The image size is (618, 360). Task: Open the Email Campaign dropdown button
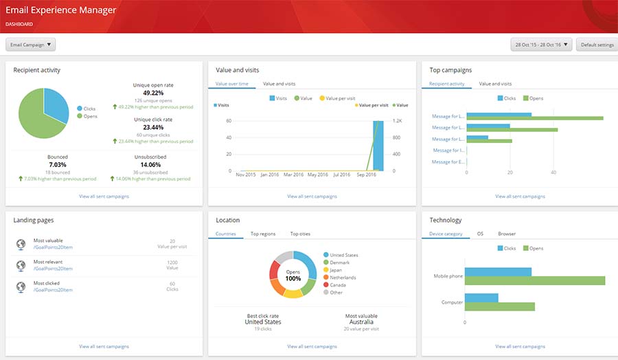(30, 45)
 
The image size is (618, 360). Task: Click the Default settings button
(597, 45)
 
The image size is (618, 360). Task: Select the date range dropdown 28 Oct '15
(541, 45)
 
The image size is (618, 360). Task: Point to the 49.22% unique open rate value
(153, 93)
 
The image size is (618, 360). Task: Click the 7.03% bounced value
(58, 165)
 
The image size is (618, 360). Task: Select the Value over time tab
(231, 84)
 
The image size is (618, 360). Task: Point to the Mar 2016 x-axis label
(293, 175)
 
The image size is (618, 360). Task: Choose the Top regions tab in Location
(263, 234)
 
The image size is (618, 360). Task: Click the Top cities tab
(300, 234)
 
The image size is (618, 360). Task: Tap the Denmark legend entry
(339, 262)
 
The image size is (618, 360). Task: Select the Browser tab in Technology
(507, 234)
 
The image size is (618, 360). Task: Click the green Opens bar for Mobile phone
(535, 280)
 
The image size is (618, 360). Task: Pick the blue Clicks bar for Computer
(481, 297)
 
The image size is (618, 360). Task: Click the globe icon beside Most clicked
(20, 286)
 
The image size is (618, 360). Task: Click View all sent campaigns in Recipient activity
(104, 196)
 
